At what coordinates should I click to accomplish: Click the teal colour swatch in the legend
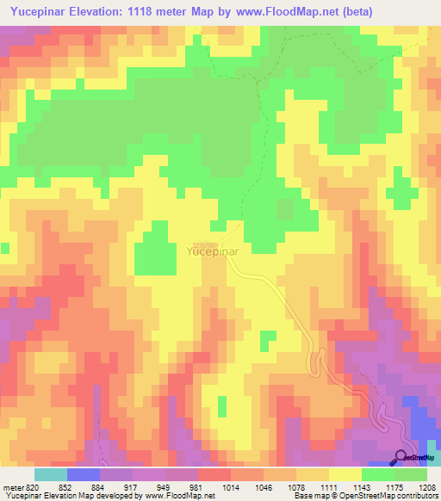pos(50,474)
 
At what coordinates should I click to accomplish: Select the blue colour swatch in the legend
pos(83,474)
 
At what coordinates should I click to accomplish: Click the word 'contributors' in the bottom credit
pos(415,495)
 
